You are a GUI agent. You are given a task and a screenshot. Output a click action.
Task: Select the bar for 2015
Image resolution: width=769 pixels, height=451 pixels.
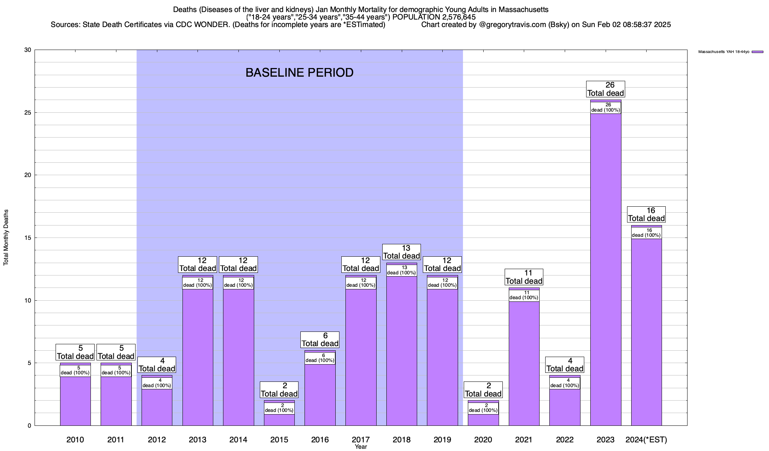pos(279,419)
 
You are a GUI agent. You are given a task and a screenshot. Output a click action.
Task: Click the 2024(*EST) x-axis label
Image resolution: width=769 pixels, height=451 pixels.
pos(646,439)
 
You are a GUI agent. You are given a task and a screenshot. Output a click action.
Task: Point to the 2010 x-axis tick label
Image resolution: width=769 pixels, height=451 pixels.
pos(75,439)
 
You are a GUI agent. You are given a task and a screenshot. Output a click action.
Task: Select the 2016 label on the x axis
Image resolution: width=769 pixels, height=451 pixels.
pos(320,439)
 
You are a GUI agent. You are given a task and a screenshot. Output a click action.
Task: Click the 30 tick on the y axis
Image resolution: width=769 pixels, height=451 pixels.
pos(27,50)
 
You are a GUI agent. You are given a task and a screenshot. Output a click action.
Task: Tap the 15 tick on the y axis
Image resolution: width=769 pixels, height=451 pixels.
pos(27,238)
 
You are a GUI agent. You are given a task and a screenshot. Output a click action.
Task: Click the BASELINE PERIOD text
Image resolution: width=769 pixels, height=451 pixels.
pos(299,73)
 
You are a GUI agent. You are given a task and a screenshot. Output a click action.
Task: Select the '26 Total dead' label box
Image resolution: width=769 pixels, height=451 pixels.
pos(606,89)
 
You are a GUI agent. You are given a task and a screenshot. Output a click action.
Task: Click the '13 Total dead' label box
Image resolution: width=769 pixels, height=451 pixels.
pos(401,252)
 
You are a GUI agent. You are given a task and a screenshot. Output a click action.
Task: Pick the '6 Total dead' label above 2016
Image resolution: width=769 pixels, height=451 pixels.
pos(320,340)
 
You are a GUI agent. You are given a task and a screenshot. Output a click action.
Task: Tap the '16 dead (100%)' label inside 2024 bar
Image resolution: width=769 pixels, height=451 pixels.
pos(646,233)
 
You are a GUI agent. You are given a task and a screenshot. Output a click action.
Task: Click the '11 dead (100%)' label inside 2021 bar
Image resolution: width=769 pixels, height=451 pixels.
pos(524,295)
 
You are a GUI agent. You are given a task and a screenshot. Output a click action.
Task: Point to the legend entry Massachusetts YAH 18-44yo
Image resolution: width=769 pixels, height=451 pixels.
pos(730,52)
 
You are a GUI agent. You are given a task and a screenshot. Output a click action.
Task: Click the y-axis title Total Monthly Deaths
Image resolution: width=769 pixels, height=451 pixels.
pos(6,238)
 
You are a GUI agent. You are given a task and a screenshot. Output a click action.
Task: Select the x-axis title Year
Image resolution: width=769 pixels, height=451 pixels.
pos(361,447)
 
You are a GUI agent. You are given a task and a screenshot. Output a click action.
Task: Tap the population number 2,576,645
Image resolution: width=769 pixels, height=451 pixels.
pos(454,17)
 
